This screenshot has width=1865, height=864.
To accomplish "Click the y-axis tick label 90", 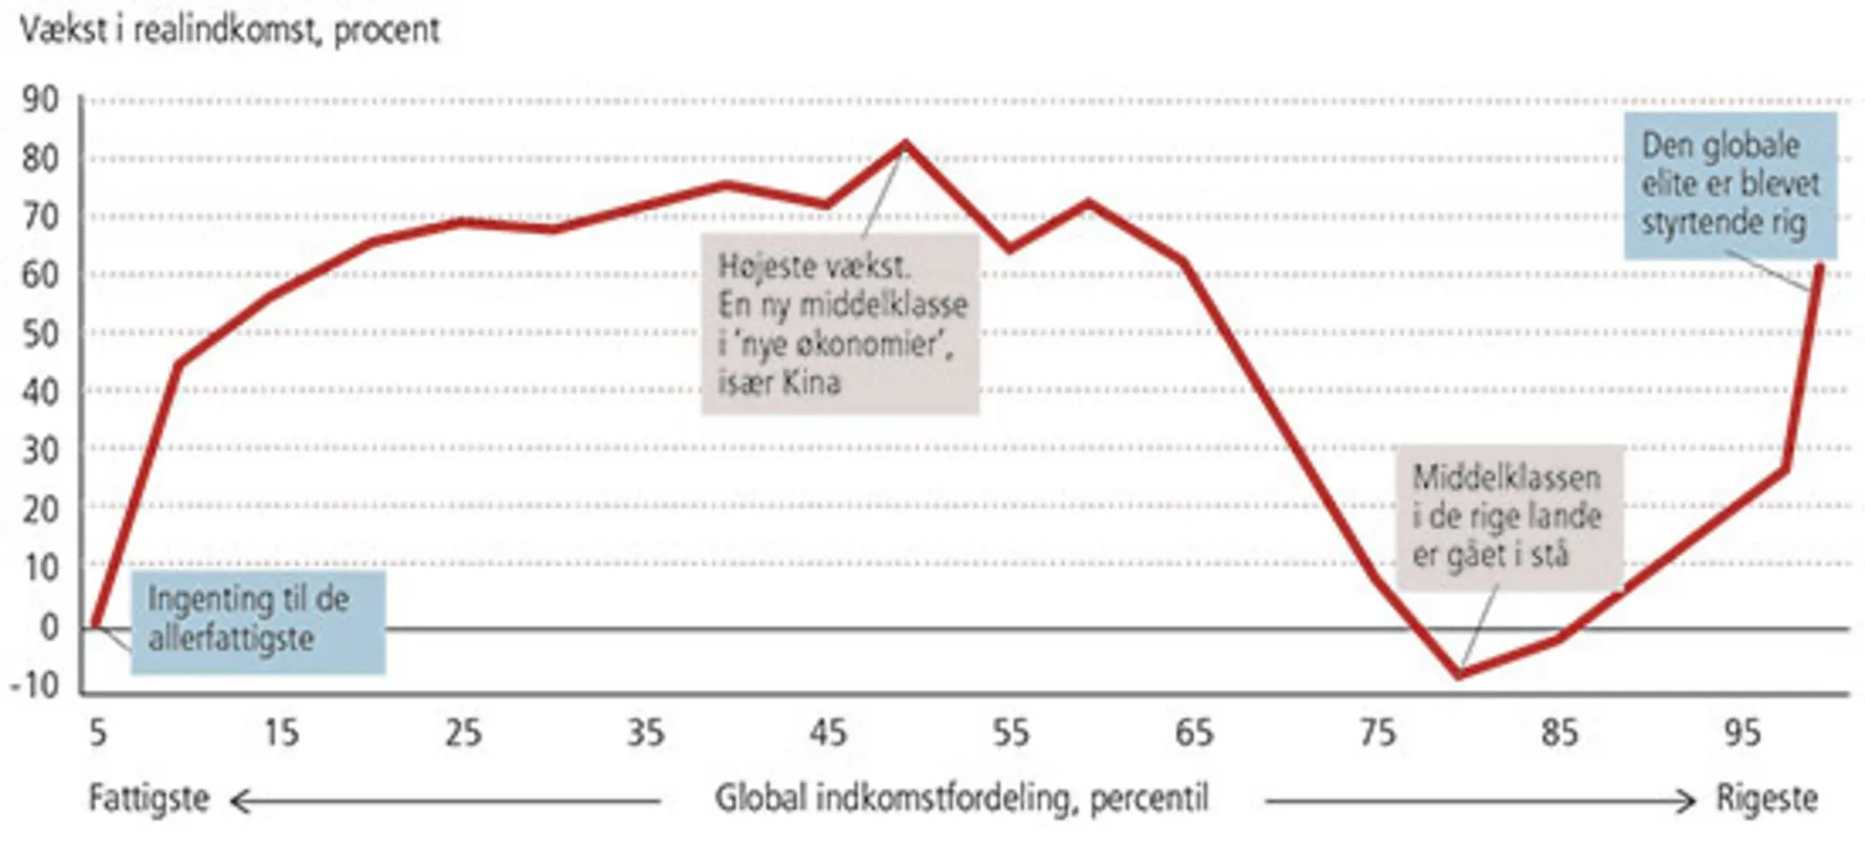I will coord(40,100).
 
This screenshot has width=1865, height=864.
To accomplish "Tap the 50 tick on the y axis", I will coord(40,334).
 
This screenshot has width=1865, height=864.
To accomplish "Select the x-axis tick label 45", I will coord(827,734).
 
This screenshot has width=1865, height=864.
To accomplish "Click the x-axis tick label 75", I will coord(1377,734).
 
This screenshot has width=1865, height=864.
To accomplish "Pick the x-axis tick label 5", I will coord(98,734).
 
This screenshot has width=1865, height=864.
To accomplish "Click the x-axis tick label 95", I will coord(1742,734).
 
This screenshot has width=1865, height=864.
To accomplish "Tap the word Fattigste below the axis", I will coord(149,799).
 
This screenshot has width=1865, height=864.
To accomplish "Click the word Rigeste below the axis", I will coord(1767,799).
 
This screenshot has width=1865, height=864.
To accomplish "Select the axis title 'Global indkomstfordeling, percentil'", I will coord(961,799).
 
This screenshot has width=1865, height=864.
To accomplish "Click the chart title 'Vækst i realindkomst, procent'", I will coord(229,30).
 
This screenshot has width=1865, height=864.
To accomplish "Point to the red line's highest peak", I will coord(905,144).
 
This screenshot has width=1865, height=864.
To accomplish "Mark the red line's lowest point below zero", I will coord(1459,674).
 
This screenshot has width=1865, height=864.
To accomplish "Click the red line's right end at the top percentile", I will coord(1819,267).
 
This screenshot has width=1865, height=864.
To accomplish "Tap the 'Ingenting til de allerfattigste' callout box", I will coord(257,621).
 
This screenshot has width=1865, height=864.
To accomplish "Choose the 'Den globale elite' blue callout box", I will coord(1730,185).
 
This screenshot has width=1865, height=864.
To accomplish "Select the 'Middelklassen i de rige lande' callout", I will coord(1509,517).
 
